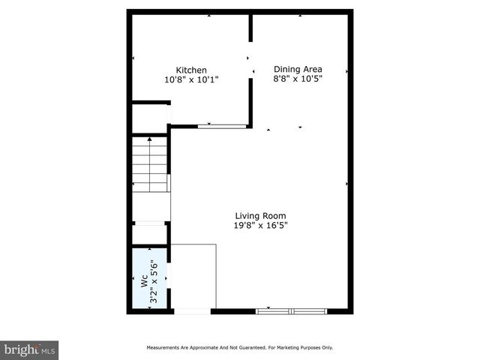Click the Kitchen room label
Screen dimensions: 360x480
pos(191,70)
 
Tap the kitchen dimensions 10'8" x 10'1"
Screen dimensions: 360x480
pos(191,79)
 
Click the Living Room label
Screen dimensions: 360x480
pos(261,215)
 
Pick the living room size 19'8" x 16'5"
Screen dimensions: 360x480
pos(261,225)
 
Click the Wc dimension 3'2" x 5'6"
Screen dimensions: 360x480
pos(154,281)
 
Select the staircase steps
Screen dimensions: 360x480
pos(149,163)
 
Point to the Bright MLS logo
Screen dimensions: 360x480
pos(29,349)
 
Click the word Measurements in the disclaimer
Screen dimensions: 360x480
pos(161,348)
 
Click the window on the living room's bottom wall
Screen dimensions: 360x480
pos(291,310)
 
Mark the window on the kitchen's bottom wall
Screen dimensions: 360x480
pos(221,126)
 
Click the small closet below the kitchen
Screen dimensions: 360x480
pos(150,118)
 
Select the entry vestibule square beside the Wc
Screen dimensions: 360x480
pos(193,275)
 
